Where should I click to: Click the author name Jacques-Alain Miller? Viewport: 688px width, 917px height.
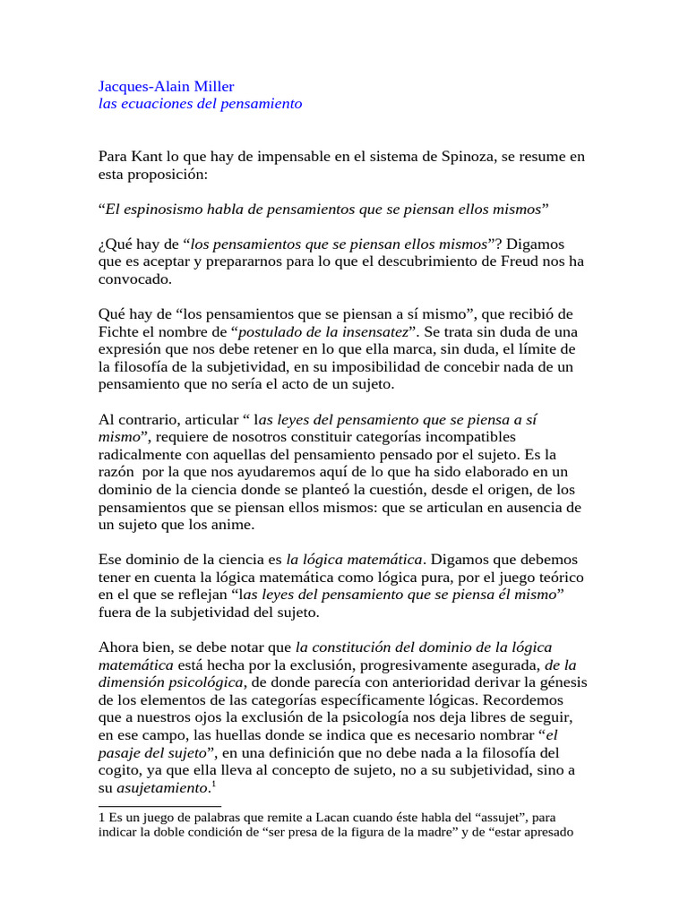(166, 86)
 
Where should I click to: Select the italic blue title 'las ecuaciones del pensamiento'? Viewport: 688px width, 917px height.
(200, 104)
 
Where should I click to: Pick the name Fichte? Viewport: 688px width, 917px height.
(120, 331)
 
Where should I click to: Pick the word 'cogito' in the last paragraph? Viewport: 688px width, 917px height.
(119, 770)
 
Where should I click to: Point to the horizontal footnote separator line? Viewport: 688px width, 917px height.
(159, 806)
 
